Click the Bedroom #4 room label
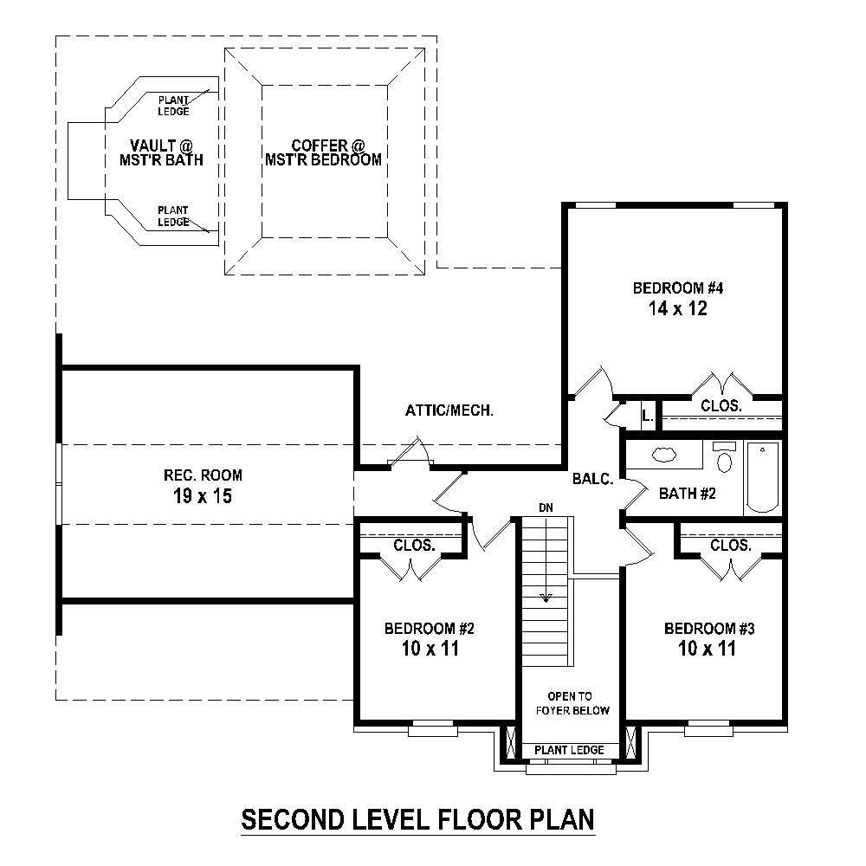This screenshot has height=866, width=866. pos(675,288)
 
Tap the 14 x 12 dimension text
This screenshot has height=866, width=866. pos(675,309)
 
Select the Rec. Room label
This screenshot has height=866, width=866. pos(203,475)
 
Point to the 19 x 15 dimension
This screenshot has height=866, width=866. pos(203,496)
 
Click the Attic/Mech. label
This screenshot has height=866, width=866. pos(449,411)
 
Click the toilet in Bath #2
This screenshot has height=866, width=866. pos(724,460)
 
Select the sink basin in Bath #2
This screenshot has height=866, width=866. pos(665,454)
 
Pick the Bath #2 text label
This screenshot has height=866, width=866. pos(688,494)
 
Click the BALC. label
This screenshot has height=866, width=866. pos(593,478)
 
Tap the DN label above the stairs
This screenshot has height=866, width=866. pos(546,507)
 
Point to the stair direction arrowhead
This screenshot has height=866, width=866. pos(546,598)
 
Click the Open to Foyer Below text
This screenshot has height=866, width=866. pos(578,703)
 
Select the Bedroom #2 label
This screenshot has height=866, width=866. pos(430,628)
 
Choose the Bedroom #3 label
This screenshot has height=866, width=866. pos(709,628)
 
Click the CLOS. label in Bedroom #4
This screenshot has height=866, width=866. pos(721,404)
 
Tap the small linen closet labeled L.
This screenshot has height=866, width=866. pos(646,417)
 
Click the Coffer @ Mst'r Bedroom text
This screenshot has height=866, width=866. pos(324,152)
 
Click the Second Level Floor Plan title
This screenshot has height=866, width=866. pos(417,818)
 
